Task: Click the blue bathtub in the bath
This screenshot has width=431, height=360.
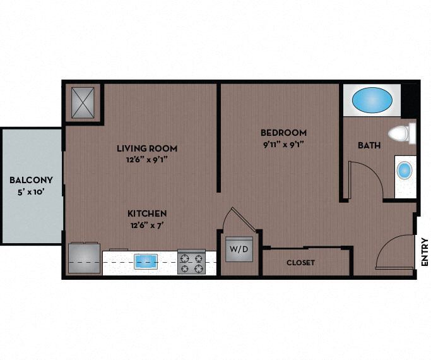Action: coord(371,100)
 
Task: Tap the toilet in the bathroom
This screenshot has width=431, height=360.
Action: coord(399,133)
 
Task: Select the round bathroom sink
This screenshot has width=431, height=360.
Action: coord(404,170)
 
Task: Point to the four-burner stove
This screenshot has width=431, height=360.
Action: coord(191,262)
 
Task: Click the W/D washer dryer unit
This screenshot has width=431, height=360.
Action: coord(239,249)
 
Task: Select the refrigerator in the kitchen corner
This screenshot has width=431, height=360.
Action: coord(85,258)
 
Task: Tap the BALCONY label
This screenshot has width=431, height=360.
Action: coord(30,179)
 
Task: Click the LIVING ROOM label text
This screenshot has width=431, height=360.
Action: coord(146,148)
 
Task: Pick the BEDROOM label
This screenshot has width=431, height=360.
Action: coord(283,133)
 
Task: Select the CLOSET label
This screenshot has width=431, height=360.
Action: coord(300,262)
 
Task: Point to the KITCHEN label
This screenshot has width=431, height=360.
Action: coord(147,213)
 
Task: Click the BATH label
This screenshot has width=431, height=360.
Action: coord(369,145)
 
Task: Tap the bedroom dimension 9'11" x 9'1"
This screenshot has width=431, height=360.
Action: coord(283,143)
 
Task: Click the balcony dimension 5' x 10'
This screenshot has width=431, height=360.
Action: coord(30,191)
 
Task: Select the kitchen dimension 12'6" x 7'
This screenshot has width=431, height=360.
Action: coord(147,224)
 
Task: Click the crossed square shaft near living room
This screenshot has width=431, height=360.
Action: coord(83,102)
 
